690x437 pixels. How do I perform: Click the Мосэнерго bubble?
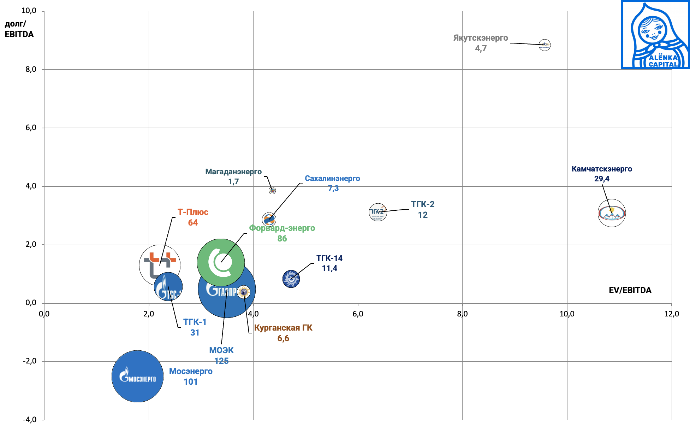pyautogui.click(x=137, y=376)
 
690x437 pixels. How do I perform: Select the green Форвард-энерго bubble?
pyautogui.click(x=221, y=262)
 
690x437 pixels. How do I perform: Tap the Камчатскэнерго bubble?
pyautogui.click(x=612, y=213)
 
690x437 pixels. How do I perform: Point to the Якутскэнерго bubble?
pyautogui.click(x=545, y=45)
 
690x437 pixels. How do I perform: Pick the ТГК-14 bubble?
pyautogui.click(x=291, y=279)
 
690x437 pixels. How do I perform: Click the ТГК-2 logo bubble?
pyautogui.click(x=378, y=212)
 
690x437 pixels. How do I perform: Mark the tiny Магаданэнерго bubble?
pyautogui.click(x=272, y=191)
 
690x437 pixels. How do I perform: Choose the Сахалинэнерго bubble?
pyautogui.click(x=269, y=219)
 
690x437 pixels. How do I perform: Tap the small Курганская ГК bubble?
pyautogui.click(x=244, y=292)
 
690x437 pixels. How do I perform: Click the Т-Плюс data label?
pyautogui.click(x=193, y=212)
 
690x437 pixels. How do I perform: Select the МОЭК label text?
pyautogui.click(x=221, y=350)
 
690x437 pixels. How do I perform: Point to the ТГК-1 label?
pyautogui.click(x=195, y=322)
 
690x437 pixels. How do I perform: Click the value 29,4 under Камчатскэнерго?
pyautogui.click(x=602, y=179)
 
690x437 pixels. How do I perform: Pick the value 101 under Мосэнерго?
pyautogui.click(x=191, y=382)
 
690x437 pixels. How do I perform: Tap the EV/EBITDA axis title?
pyautogui.click(x=630, y=290)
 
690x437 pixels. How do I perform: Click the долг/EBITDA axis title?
pyautogui.click(x=19, y=29)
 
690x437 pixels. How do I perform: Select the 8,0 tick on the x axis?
pyautogui.click(x=462, y=314)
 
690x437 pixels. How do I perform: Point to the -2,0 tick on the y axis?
pyautogui.click(x=30, y=361)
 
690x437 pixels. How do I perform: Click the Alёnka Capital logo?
pyautogui.click(x=655, y=35)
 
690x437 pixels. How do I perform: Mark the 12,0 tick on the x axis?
pyautogui.click(x=671, y=314)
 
